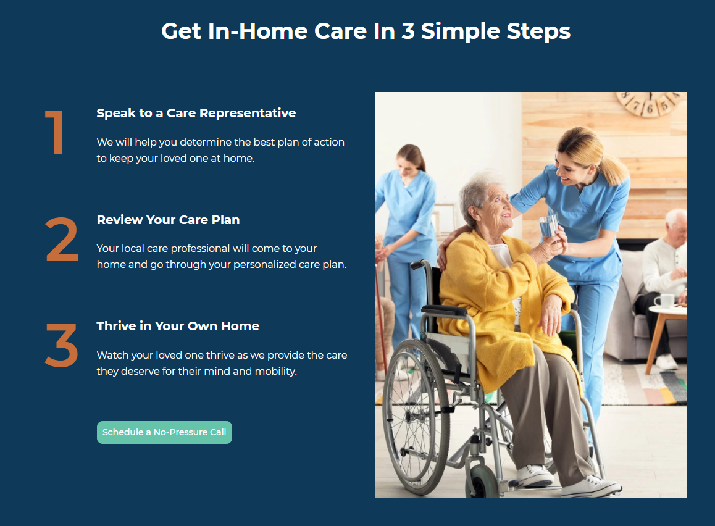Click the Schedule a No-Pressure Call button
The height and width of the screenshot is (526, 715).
[164, 432]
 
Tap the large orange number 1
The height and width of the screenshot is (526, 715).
[55, 132]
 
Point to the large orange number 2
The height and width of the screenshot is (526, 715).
[62, 240]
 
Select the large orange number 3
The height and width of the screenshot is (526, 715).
[62, 346]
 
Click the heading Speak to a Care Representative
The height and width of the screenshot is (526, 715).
[196, 113]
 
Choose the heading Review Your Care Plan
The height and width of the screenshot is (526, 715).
[169, 220]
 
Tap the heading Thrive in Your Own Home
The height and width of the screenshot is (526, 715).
[178, 326]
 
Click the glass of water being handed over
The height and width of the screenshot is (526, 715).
[548, 226]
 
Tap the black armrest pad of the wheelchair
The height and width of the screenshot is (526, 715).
[445, 311]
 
